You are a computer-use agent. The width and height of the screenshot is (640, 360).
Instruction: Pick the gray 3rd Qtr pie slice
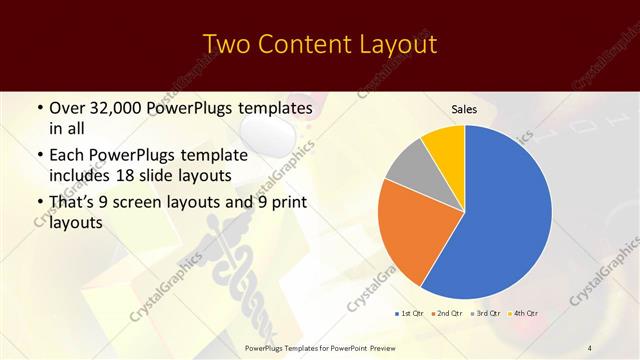(408, 165)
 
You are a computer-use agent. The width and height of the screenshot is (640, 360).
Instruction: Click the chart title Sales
(464, 109)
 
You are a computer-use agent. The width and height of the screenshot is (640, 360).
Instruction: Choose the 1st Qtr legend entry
(411, 313)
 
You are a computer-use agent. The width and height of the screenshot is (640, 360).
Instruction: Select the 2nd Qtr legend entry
(447, 313)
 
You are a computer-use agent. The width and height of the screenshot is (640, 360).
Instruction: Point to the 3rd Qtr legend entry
(485, 313)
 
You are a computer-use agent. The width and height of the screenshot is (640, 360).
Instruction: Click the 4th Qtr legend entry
(523, 313)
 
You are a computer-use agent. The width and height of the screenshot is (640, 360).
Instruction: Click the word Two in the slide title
(226, 45)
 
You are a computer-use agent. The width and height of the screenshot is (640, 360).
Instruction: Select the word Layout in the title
(399, 45)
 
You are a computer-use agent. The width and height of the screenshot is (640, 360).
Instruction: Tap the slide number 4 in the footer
(590, 348)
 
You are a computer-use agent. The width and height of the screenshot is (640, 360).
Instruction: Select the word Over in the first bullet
(68, 107)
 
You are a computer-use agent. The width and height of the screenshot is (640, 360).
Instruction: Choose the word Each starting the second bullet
(68, 155)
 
